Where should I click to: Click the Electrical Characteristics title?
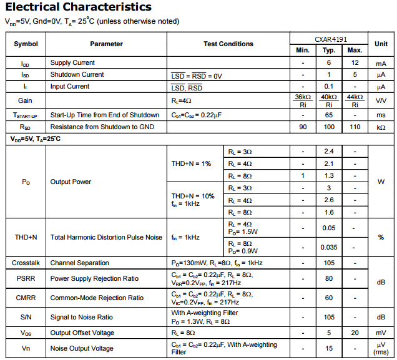click(x=79, y=7)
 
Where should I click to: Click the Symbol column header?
click(x=26, y=44)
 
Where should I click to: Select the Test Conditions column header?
click(x=228, y=44)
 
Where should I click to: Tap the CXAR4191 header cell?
click(x=329, y=38)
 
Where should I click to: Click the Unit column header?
click(x=381, y=44)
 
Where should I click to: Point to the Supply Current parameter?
click(x=72, y=63)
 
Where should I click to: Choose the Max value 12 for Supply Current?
click(x=355, y=63)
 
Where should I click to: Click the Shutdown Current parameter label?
click(x=77, y=75)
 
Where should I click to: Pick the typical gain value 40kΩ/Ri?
click(x=329, y=101)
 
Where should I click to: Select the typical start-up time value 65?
click(x=329, y=115)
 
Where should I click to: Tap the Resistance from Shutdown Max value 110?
click(x=355, y=127)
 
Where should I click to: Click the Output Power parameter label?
click(x=71, y=182)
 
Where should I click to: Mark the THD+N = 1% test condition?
click(x=192, y=163)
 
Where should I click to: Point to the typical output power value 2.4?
click(x=329, y=152)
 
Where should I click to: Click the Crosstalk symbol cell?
click(x=26, y=263)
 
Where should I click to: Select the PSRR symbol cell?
click(x=26, y=279)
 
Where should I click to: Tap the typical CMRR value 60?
click(x=329, y=298)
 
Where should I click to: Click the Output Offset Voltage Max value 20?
click(x=355, y=333)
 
